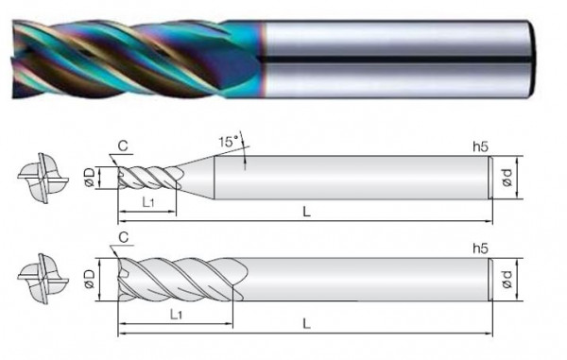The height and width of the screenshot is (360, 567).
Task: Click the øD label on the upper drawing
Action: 88,177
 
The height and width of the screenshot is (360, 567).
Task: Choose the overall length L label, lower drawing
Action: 304,323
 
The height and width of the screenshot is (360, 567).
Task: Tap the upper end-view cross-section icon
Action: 40,177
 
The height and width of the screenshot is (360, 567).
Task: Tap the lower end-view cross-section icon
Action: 40,281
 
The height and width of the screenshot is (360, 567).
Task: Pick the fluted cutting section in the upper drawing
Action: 148,177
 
